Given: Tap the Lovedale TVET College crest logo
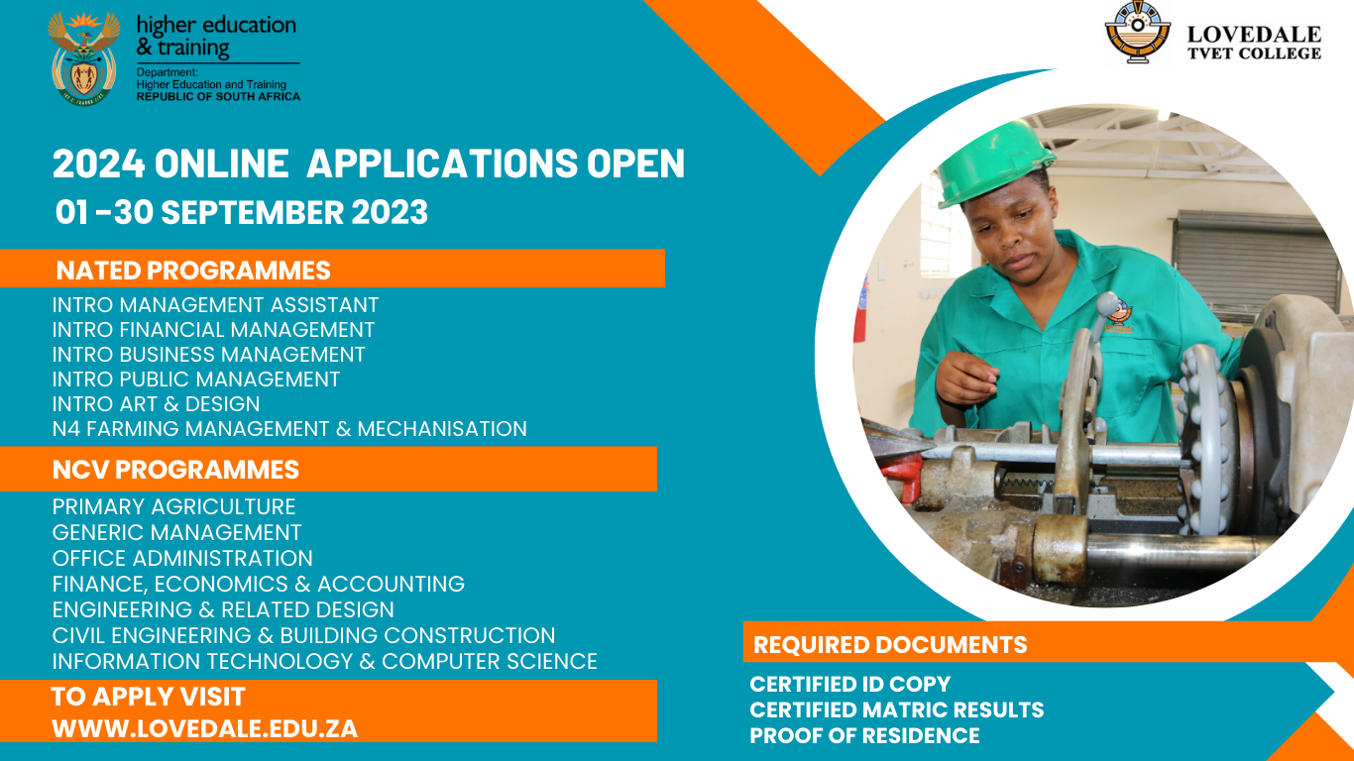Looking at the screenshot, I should [1138, 32].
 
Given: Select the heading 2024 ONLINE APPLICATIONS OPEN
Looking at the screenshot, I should [368, 163].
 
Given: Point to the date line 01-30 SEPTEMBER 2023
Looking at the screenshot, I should [242, 212].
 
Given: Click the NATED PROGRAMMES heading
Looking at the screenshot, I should [193, 270].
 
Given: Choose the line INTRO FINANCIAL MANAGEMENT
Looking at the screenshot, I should [213, 330].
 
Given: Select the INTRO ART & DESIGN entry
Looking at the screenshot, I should [156, 404].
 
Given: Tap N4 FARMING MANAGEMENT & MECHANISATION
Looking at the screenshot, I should [288, 429].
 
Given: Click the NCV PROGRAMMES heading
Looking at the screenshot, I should [175, 469].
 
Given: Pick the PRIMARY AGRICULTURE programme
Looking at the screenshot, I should [173, 507].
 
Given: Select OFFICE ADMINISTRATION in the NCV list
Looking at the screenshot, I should [182, 559].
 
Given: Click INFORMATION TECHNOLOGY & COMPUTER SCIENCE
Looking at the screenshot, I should [324, 661].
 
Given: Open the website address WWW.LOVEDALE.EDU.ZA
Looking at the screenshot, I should [204, 728].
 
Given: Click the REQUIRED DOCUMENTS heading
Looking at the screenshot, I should [890, 645].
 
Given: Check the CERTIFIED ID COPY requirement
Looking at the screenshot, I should [849, 684].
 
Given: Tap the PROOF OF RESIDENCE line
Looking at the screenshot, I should [864, 735].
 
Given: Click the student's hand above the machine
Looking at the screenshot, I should [967, 378].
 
